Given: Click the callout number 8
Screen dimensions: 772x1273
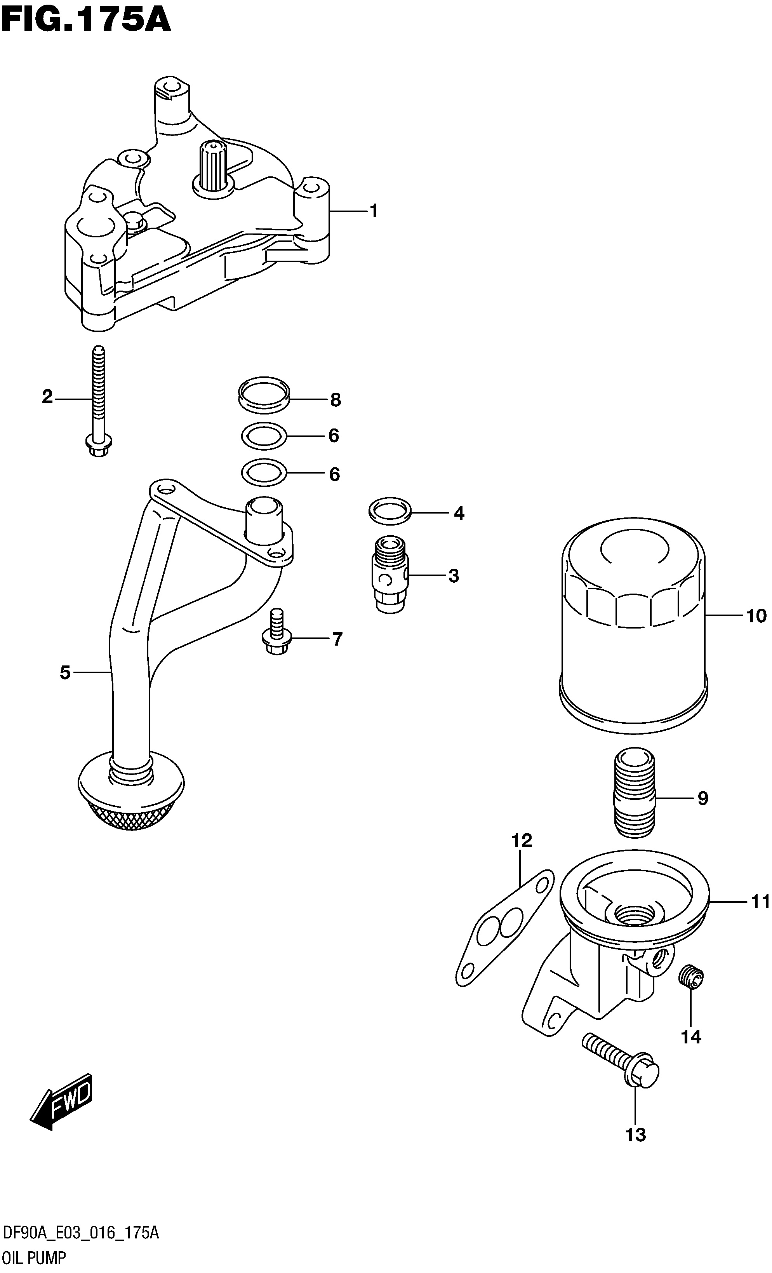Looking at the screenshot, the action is coord(336,400).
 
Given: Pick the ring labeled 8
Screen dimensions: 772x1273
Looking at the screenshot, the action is coord(263,395).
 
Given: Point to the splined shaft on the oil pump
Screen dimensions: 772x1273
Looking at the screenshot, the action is coord(213,167).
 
